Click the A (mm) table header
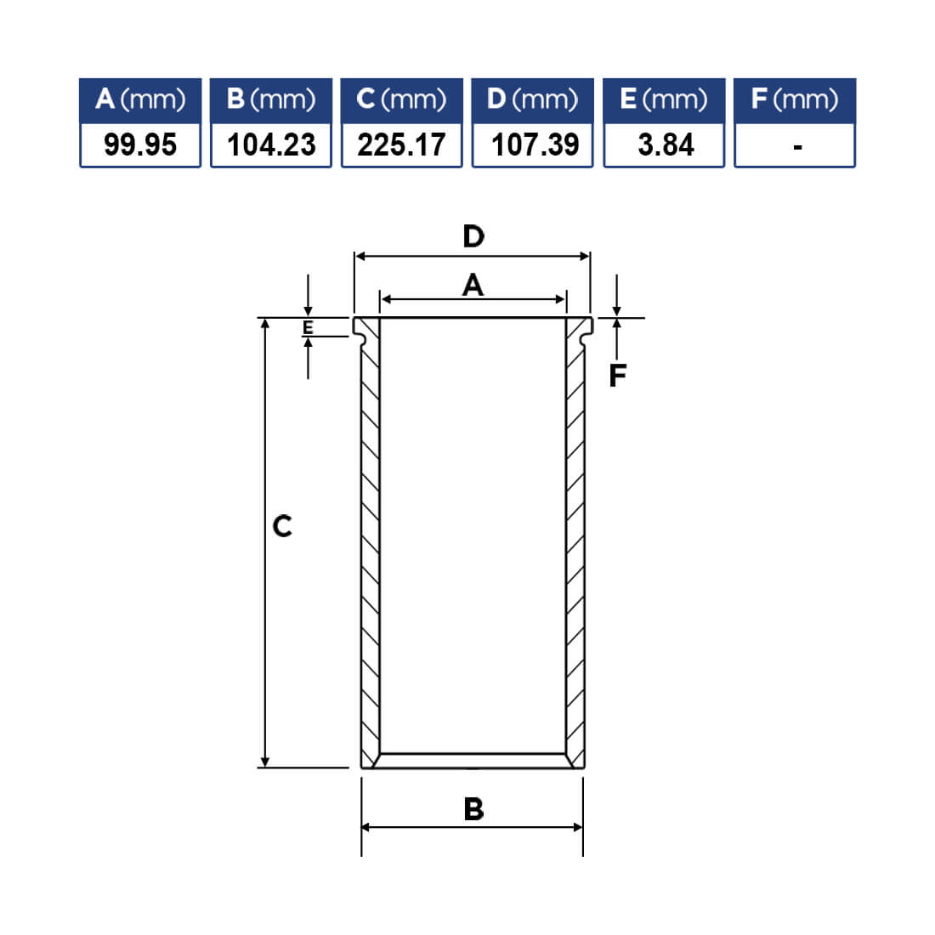pyautogui.click(x=140, y=99)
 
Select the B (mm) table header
pyautogui.click(x=270, y=99)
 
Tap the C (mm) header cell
pyautogui.click(x=401, y=99)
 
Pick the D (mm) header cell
pyautogui.click(x=532, y=99)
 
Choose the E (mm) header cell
pyautogui.click(x=664, y=99)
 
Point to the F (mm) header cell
pyautogui.click(x=795, y=99)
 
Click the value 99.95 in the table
pyautogui.click(x=140, y=144)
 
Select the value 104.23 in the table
pyautogui.click(x=270, y=144)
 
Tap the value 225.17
pyautogui.click(x=401, y=144)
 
